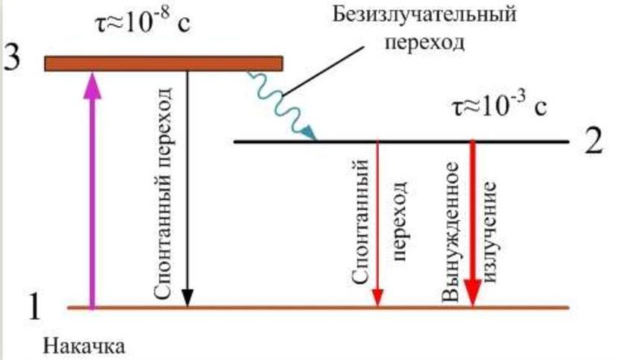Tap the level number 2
(594, 142)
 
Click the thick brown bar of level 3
(163, 63)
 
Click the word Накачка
(83, 345)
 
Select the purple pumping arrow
(92, 194)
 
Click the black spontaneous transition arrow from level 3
(187, 186)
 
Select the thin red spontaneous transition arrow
(378, 224)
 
